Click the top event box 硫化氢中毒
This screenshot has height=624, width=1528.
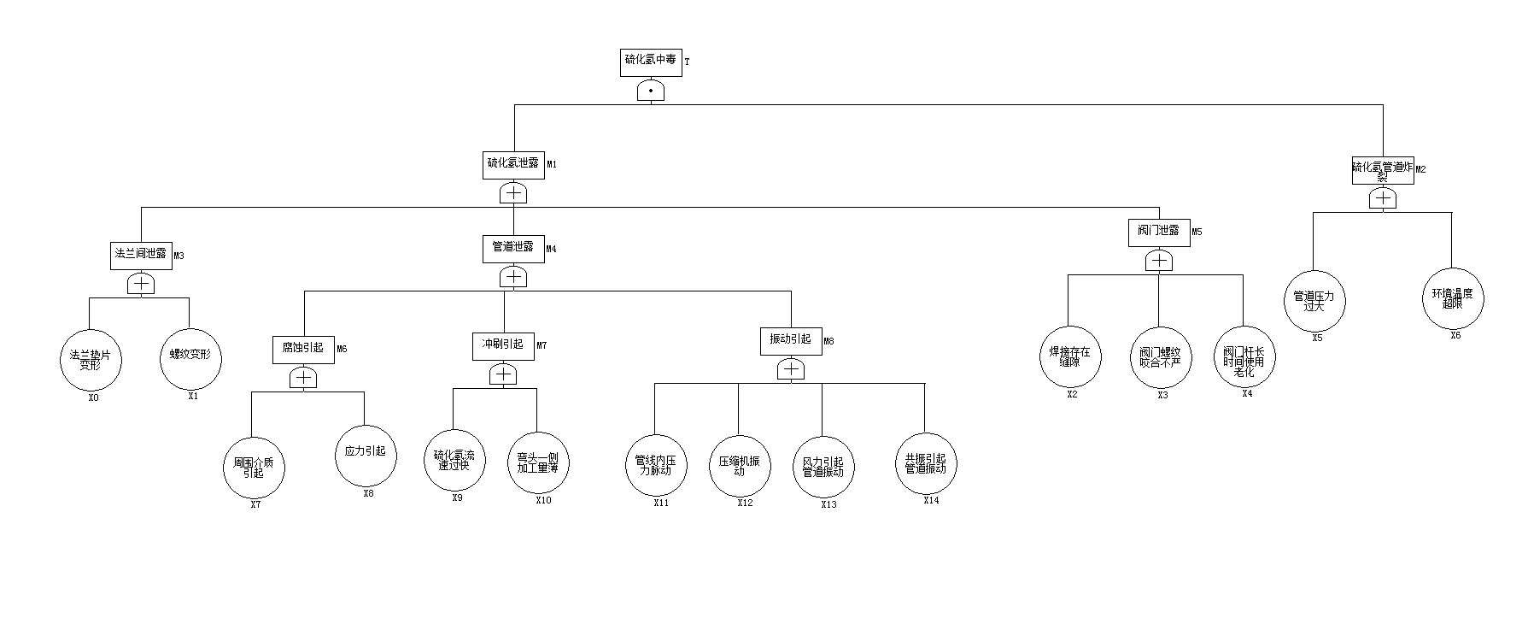651,62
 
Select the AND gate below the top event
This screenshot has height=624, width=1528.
651,91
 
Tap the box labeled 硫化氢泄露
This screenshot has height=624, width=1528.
513,165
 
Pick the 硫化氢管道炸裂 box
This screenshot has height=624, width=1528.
1382,170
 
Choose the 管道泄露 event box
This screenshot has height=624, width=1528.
512,249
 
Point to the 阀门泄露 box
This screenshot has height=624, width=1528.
1158,233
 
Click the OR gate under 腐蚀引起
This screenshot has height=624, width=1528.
303,379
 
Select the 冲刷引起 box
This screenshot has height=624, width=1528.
503,346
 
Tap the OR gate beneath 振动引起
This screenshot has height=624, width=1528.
792,370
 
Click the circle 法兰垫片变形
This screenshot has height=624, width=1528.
91,360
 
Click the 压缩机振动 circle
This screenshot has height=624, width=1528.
740,466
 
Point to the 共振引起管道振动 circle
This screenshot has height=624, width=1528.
926,464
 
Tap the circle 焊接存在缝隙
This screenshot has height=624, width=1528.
1069,356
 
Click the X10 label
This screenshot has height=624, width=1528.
543,501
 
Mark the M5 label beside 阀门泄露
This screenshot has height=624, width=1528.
1197,232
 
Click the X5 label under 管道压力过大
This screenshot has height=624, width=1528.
1317,338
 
